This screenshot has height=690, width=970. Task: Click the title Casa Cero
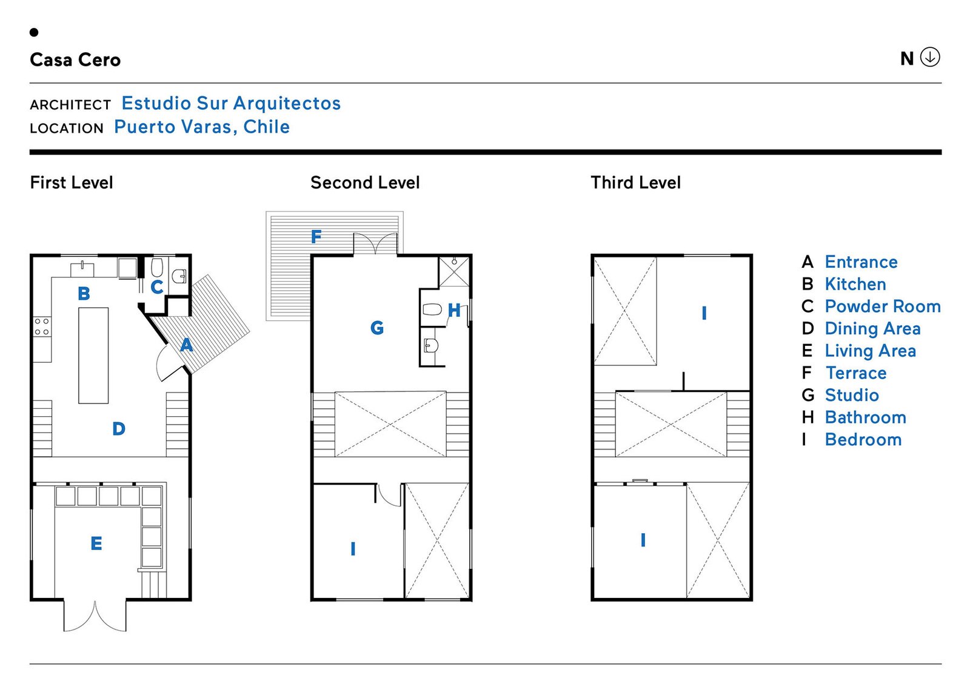click(x=75, y=60)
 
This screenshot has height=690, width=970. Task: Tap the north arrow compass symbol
click(x=930, y=57)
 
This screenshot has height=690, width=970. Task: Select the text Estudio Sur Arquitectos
click(x=231, y=104)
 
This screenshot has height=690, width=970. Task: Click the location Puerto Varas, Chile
click(x=202, y=127)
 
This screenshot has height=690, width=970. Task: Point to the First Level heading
click(x=72, y=182)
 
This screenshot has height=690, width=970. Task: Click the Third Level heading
click(x=635, y=182)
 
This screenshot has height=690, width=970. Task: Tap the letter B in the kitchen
click(x=84, y=294)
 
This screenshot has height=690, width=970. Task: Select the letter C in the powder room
click(x=157, y=287)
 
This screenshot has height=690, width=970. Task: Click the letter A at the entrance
click(x=186, y=345)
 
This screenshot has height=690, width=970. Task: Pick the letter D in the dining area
click(x=119, y=429)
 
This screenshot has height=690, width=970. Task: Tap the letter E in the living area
click(x=96, y=543)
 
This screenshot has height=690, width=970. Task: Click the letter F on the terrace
click(x=316, y=236)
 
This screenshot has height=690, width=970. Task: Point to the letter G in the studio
click(x=377, y=328)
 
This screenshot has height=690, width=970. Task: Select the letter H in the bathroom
click(x=454, y=311)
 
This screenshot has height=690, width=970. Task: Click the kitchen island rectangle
click(x=93, y=355)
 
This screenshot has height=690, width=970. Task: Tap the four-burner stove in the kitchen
click(x=42, y=327)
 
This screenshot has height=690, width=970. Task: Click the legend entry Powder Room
click(x=882, y=307)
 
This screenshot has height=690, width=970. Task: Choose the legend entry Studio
click(x=851, y=396)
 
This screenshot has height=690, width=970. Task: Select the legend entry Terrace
click(x=855, y=373)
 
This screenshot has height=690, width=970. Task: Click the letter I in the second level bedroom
click(x=353, y=549)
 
